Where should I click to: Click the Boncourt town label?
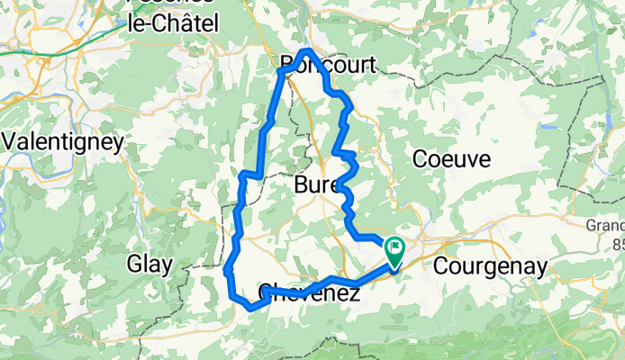pos(327,63)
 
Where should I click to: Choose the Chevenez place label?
pos(310,292)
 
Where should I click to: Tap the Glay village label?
pos(147,265)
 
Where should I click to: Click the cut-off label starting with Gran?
pos(605,225)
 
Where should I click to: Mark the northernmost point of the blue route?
pos(308,50)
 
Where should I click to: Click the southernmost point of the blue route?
pos(249,308)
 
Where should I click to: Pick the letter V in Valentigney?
pos(11,141)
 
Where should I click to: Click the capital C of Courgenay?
pos(441,266)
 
